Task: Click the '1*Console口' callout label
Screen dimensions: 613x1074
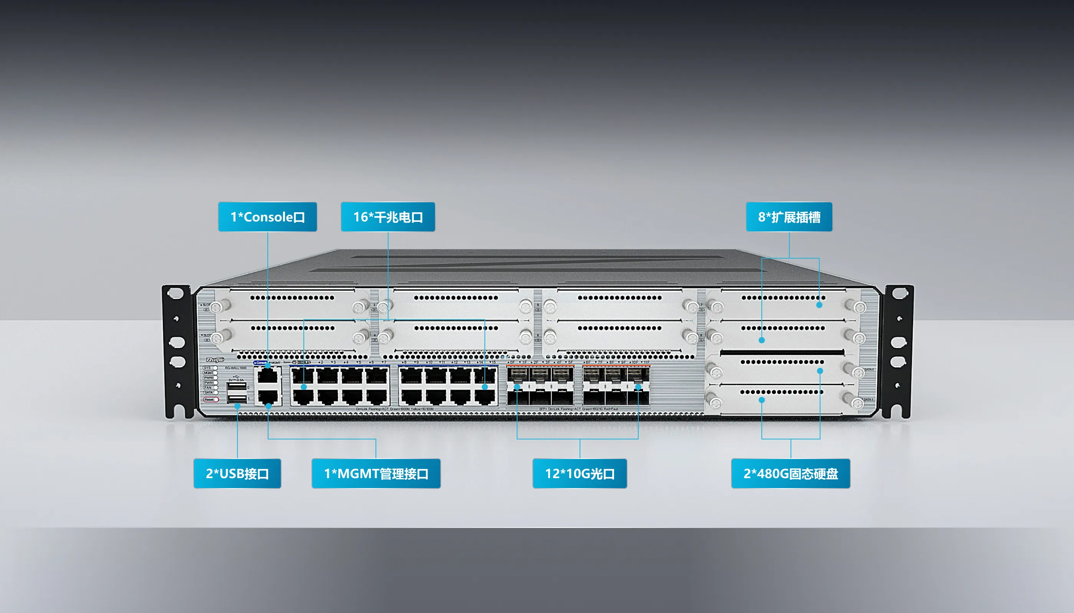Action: (x=267, y=217)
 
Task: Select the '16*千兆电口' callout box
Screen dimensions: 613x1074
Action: (x=388, y=217)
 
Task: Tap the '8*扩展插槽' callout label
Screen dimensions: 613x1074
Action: (x=789, y=217)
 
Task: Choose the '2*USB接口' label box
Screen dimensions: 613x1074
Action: (x=237, y=474)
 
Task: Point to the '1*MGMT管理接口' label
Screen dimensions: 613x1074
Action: (x=376, y=474)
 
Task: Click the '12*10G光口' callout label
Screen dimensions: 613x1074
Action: (x=580, y=474)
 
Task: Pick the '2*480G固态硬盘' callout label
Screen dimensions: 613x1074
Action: (x=790, y=474)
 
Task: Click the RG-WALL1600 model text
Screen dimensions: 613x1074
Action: (x=236, y=368)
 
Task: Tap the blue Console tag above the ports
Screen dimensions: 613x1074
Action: (x=260, y=362)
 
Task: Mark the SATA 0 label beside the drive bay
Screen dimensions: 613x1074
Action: (x=869, y=370)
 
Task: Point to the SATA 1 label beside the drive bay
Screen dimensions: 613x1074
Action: (x=868, y=400)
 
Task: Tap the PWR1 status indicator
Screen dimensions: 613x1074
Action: (x=209, y=383)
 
